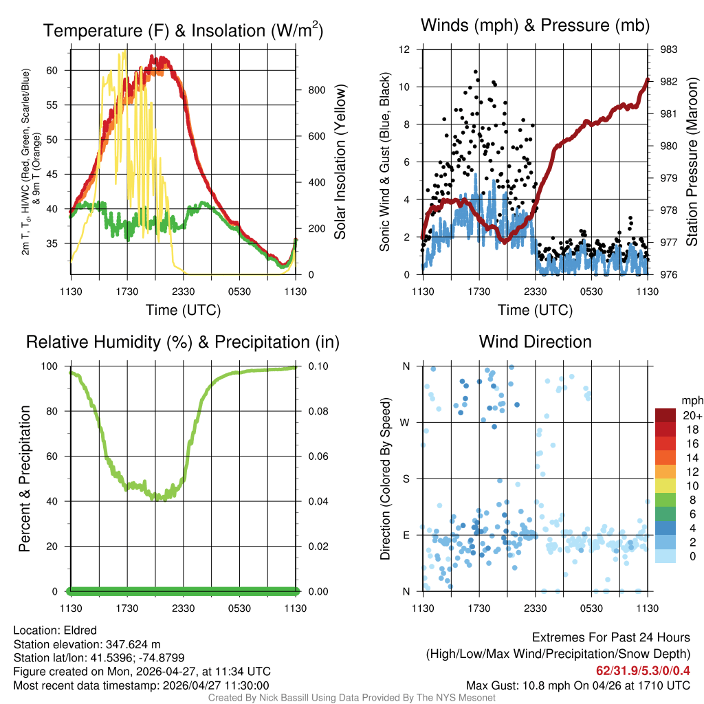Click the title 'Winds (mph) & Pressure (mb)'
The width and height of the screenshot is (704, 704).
(x=535, y=26)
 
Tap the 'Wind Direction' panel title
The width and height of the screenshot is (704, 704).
(x=535, y=342)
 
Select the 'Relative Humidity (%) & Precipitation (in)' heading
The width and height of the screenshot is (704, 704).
(x=182, y=342)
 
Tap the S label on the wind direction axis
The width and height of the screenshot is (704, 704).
(x=406, y=478)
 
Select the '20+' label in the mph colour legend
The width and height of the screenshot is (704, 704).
(x=690, y=415)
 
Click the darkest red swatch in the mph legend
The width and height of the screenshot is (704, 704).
(x=665, y=415)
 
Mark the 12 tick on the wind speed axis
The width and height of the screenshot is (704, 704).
(x=405, y=49)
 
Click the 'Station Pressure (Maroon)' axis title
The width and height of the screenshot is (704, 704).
(x=692, y=162)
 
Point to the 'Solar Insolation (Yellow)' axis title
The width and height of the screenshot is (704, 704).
(x=340, y=162)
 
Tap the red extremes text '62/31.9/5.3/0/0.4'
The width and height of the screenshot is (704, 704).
(x=643, y=670)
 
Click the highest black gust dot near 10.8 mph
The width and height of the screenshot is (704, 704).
(x=476, y=71)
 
